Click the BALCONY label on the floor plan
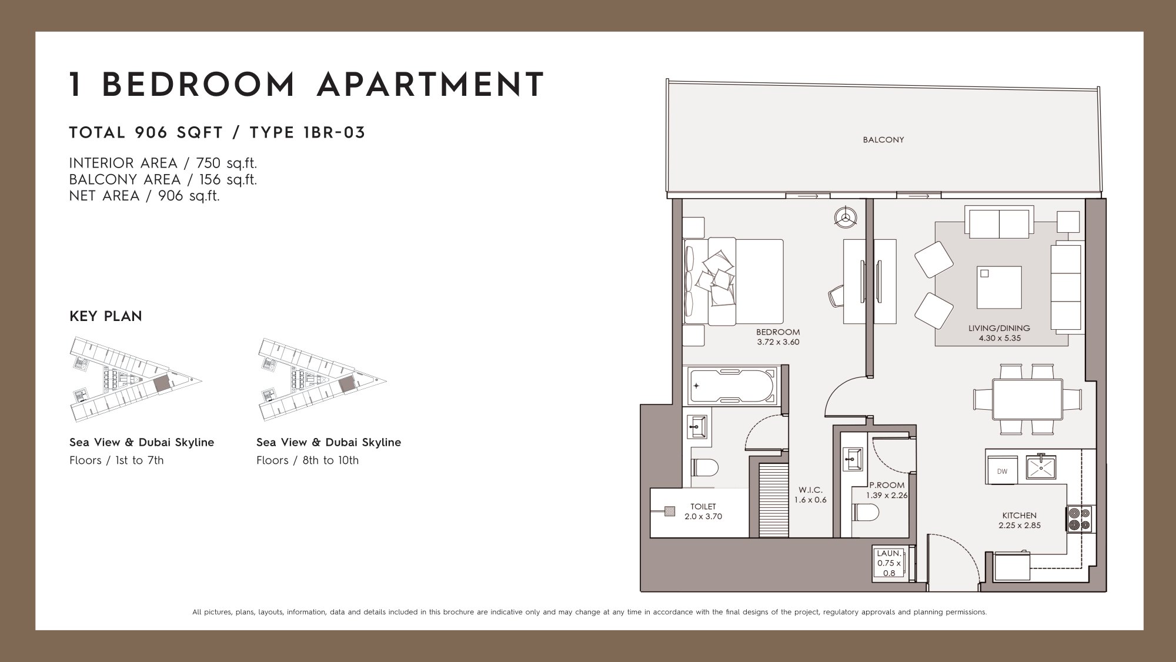[x=883, y=140]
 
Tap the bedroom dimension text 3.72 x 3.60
[x=778, y=342]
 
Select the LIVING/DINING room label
[x=999, y=328]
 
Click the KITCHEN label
[x=1020, y=516]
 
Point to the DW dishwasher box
[x=1003, y=471]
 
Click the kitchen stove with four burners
[x=1080, y=519]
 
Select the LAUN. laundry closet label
[x=889, y=553]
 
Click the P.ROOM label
[x=887, y=486]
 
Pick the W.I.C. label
[x=810, y=490]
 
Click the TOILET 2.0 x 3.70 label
[x=703, y=511]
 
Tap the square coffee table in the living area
[x=999, y=287]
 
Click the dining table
[x=1027, y=399]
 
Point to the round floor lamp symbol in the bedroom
[x=846, y=217]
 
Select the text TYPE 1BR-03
[x=308, y=133]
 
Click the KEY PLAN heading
[x=106, y=316]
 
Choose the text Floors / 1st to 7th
[x=116, y=460]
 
